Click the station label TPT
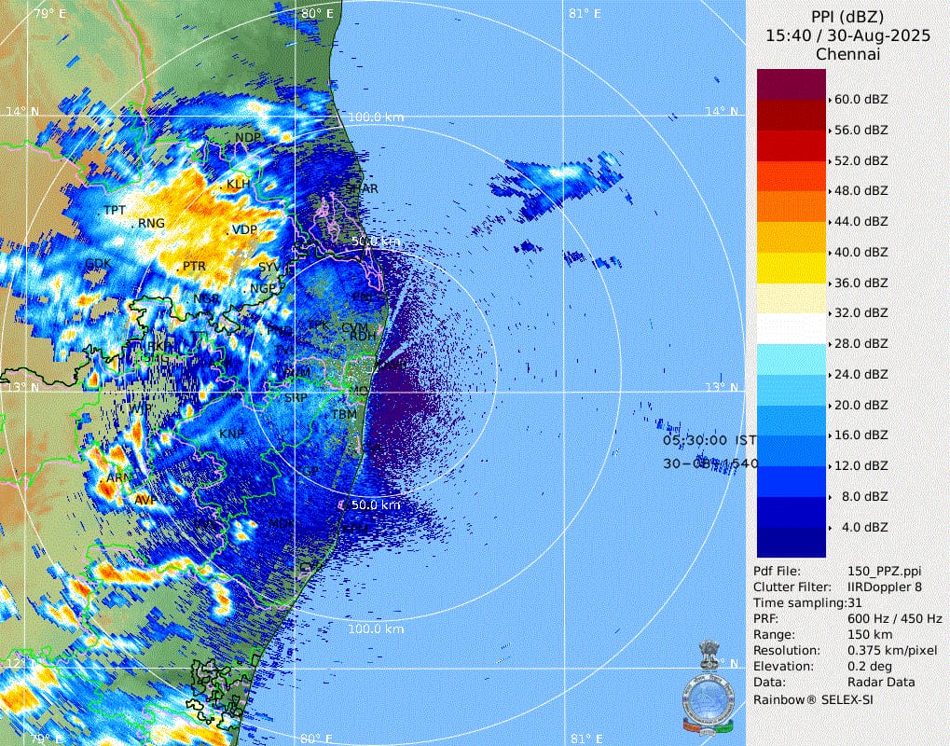pyautogui.click(x=115, y=210)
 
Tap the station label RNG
pyautogui.click(x=151, y=224)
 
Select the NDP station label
pyautogui.click(x=248, y=138)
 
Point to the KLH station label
pyautogui.click(x=239, y=184)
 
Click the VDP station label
pyautogui.click(x=244, y=229)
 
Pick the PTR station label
pyautogui.click(x=194, y=267)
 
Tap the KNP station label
pyautogui.click(x=231, y=435)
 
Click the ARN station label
pyautogui.click(x=119, y=477)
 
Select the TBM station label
pyautogui.click(x=344, y=414)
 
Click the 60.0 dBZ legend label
pyautogui.click(x=861, y=99)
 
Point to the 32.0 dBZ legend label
pyautogui.click(x=861, y=313)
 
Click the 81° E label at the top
pyautogui.click(x=585, y=13)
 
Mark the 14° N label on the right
pyautogui.click(x=721, y=112)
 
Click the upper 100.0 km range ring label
pyautogui.click(x=376, y=117)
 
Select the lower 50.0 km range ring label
pyautogui.click(x=376, y=504)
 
